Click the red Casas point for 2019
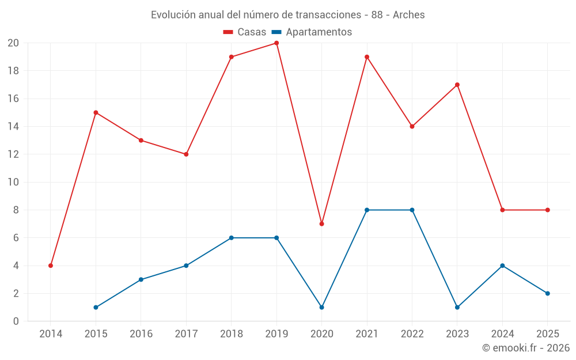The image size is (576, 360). [x=276, y=43]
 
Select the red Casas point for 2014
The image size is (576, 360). [x=51, y=266]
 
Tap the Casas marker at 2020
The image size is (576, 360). [x=321, y=223]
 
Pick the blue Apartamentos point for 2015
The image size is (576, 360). [x=96, y=307]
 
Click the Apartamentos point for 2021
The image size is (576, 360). [x=367, y=210]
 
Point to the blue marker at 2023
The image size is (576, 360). [x=457, y=307]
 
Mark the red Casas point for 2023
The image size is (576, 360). [x=457, y=85]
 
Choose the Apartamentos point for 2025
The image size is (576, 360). [x=548, y=293]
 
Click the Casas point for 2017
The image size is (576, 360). [x=186, y=154]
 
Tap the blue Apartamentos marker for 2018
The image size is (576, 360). [x=231, y=238]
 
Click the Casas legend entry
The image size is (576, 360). [x=245, y=32]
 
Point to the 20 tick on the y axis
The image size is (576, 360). [x=13, y=43]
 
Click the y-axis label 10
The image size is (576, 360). [x=13, y=182]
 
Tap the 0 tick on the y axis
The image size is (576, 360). [x=16, y=321]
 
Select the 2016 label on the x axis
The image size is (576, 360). [x=141, y=334]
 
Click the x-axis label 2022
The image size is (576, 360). [x=412, y=334]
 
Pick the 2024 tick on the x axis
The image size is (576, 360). [x=502, y=334]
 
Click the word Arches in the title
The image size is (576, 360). [x=409, y=14]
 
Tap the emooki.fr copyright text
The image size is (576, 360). [x=525, y=348]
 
